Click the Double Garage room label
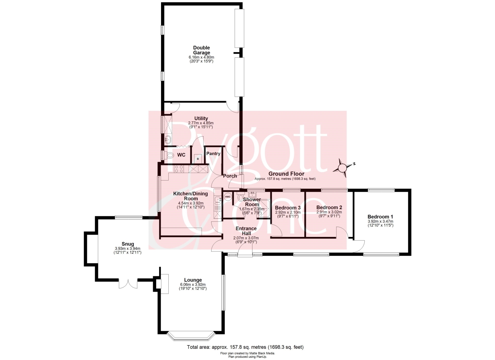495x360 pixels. pos(201,50)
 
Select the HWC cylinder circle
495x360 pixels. pos(228,197)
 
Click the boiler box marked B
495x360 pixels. pos(198,159)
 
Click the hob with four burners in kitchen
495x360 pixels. pos(179,169)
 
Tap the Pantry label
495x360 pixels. pos(213,153)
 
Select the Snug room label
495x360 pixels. pos(128,244)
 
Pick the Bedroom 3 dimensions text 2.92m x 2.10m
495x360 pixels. pos(288,212)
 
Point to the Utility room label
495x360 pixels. pos(201,118)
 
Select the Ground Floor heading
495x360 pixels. pos(286,174)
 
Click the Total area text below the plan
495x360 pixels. pos(245,347)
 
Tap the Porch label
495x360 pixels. pos(230,176)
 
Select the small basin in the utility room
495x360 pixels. pos(168,140)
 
